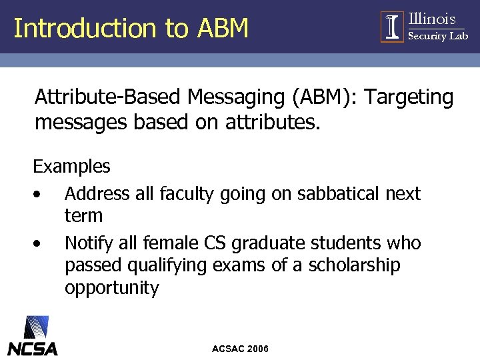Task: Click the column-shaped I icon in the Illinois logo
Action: click(393, 27)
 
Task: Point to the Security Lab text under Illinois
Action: click(437, 36)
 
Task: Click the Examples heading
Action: click(71, 166)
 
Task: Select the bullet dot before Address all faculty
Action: click(39, 195)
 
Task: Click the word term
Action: click(83, 216)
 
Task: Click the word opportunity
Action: click(111, 289)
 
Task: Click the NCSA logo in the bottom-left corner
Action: click(33, 337)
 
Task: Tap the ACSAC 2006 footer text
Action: click(240, 349)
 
